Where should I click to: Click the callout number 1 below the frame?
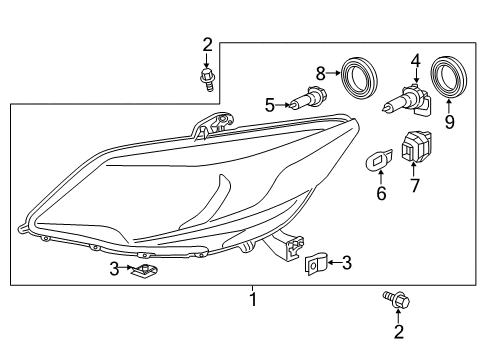coord(253,299)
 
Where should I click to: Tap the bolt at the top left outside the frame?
coord(207,80)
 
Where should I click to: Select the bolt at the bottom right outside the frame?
coord(396,300)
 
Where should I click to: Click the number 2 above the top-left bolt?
coord(207,45)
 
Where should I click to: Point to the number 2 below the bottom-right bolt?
coord(399,331)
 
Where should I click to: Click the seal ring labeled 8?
coord(359,79)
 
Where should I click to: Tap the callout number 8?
coord(321,73)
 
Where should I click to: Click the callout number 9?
coord(450,122)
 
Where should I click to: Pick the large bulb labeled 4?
coord(408,100)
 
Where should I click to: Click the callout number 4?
coord(416,61)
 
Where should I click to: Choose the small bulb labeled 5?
coord(308,97)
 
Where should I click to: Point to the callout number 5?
coord(270,105)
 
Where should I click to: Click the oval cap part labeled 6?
coord(379,160)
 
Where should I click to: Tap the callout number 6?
coord(381,193)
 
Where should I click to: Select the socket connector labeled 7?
coord(417,146)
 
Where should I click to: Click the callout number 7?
coord(414,185)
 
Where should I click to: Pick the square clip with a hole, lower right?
coord(315,264)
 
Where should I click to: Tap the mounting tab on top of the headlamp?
coord(212,125)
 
